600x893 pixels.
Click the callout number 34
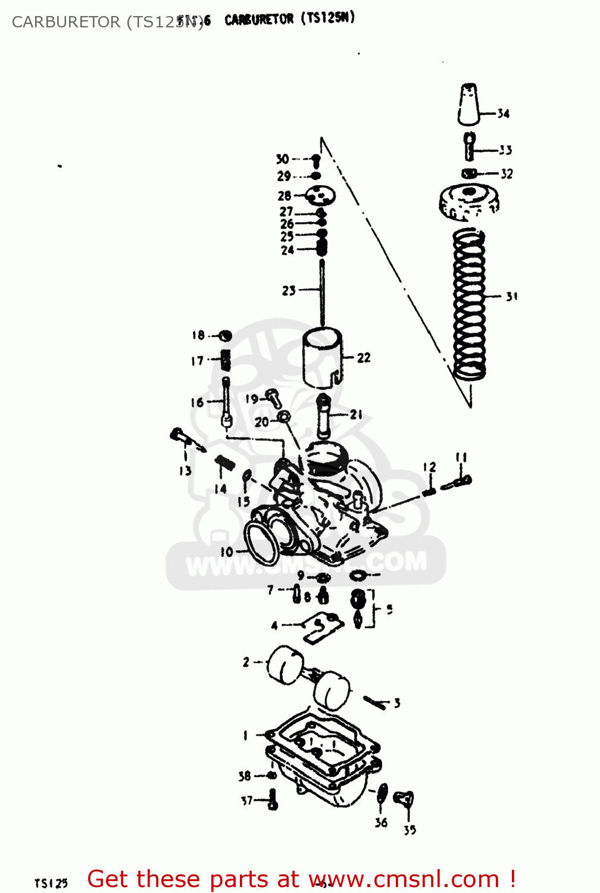504,113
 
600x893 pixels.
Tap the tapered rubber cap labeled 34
469,104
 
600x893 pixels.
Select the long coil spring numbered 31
469,304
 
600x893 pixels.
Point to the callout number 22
364,358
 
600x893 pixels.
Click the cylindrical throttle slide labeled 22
322,357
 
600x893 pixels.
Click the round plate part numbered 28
321,195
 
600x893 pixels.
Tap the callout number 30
282,159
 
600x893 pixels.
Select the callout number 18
198,335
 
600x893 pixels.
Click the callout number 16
197,402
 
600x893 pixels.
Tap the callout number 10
227,552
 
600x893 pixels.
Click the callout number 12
430,467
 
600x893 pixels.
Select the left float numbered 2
285,666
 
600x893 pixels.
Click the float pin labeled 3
376,701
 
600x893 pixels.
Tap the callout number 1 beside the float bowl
245,736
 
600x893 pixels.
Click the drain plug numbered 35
405,800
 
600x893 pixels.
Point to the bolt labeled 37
273,800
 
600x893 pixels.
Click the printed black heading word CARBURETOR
259,19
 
